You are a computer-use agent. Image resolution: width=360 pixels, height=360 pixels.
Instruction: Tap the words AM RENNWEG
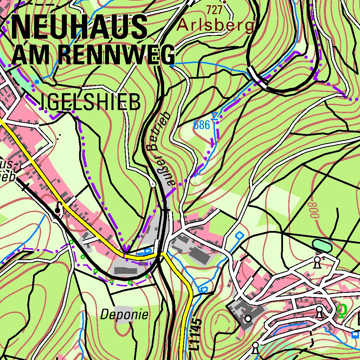pyautogui.click(x=93, y=55)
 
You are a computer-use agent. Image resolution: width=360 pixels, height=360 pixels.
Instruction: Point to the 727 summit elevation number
pyautogui.click(x=214, y=10)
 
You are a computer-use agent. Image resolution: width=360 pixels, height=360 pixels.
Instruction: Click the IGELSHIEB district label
pyautogui.click(x=91, y=103)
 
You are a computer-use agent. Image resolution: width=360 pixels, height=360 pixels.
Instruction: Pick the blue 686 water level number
pyautogui.click(x=202, y=125)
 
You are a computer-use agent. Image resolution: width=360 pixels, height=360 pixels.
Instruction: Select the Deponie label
pyautogui.click(x=124, y=315)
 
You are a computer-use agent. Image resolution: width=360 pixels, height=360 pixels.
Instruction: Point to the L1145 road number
pyautogui.click(x=197, y=334)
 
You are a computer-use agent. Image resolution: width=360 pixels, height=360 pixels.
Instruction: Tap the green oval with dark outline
pyautogui.click(x=322, y=245)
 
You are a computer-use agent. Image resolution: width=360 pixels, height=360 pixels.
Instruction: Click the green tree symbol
pyautogui.click(x=341, y=310)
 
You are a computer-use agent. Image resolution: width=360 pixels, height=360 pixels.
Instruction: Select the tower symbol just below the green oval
pyautogui.click(x=317, y=262)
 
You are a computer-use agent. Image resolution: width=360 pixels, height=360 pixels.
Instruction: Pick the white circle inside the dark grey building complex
pyautogui.click(x=248, y=319)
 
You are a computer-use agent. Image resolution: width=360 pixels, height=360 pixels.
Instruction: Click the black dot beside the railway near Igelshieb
pyautogui.click(x=57, y=210)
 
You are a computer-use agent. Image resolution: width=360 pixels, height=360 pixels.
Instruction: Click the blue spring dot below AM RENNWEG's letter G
pyautogui.click(x=172, y=65)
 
